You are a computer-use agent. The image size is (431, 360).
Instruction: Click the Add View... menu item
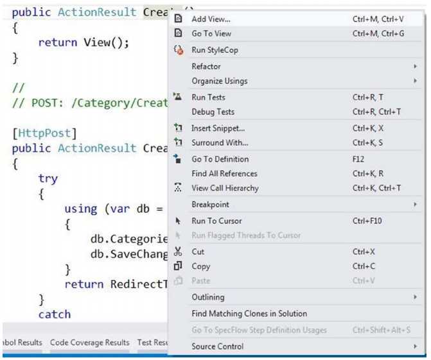(x=211, y=19)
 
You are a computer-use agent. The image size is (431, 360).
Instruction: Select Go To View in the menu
(x=211, y=33)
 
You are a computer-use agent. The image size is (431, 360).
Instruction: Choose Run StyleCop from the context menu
(x=215, y=50)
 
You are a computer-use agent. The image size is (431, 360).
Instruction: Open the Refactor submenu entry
(x=206, y=66)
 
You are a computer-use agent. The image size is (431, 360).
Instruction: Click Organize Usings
(x=219, y=81)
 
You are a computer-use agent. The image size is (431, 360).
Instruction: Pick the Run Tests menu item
(x=208, y=98)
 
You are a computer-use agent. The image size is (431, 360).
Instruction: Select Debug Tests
(x=213, y=112)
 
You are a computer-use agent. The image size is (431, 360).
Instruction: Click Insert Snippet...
(x=218, y=128)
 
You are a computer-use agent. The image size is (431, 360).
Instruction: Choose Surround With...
(x=220, y=142)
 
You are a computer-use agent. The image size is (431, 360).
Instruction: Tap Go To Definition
(x=220, y=159)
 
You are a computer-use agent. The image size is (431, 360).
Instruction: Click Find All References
(x=224, y=173)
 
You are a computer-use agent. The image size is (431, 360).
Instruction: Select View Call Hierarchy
(x=225, y=188)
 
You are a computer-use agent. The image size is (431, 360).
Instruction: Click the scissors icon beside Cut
(x=179, y=252)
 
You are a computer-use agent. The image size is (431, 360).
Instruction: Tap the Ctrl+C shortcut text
(x=364, y=266)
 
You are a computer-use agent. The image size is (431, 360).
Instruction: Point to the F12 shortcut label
(x=358, y=159)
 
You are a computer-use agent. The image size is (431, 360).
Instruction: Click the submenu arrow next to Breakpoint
(x=416, y=205)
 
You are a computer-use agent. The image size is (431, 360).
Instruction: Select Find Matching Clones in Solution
(x=249, y=314)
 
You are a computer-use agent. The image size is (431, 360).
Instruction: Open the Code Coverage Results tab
(x=89, y=343)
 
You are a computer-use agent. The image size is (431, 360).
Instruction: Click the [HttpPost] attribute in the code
(x=44, y=133)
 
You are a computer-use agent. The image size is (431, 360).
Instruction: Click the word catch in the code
(x=54, y=314)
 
